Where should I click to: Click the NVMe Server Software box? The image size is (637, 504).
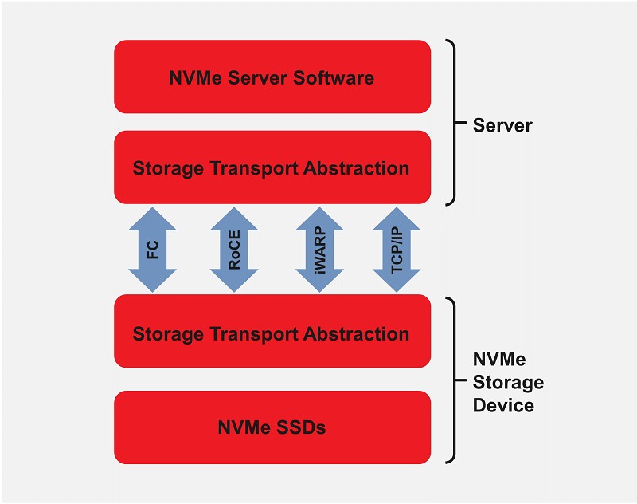272,77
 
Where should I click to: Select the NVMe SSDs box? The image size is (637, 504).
272,427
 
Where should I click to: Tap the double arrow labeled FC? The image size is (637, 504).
153,249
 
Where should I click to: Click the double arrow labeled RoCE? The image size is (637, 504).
234,249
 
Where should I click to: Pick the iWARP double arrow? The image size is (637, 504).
319,249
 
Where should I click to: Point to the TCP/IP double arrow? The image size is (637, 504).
397,249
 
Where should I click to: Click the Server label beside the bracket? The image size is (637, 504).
502,125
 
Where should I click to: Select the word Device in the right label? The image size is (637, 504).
503,405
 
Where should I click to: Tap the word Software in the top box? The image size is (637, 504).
332,78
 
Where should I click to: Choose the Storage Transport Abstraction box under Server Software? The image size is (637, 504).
272,167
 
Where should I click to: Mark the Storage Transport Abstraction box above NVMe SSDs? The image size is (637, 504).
272,333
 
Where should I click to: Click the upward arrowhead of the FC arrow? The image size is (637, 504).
153,217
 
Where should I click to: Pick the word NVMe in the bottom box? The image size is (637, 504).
244,427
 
